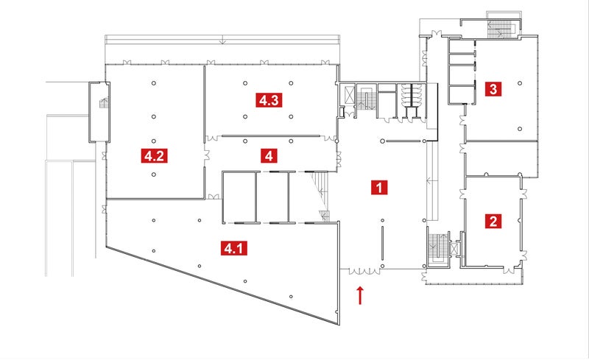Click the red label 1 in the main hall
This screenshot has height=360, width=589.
click(378, 187)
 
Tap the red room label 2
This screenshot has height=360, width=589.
click(492, 219)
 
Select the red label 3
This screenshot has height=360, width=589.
click(493, 90)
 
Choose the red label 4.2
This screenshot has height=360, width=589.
click(153, 155)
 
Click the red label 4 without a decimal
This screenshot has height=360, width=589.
click(270, 155)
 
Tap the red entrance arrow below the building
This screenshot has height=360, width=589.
click(360, 294)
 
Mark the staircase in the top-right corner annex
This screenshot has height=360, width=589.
click(503, 27)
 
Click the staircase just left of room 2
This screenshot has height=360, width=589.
click(439, 245)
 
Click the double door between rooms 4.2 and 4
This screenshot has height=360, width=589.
click(207, 155)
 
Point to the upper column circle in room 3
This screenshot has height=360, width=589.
click(520, 83)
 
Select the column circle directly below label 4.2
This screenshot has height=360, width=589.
click(153, 174)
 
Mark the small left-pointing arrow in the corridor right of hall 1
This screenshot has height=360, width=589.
click(427, 179)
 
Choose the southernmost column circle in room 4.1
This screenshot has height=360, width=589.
click(291, 296)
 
